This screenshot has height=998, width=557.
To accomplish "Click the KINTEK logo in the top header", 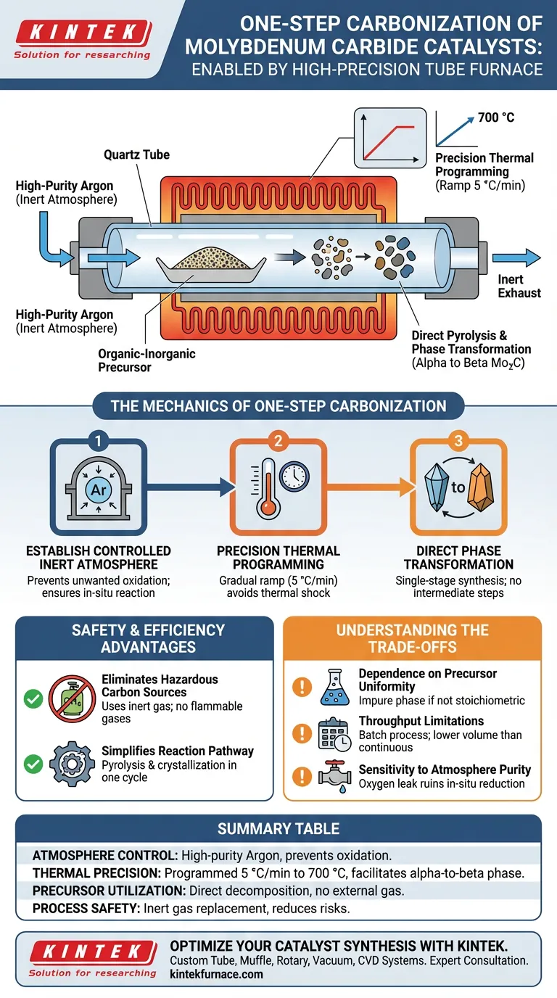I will pos(81,33).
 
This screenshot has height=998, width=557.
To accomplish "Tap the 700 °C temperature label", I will pos(496,117).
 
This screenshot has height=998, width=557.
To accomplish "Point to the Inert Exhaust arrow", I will pos(516,257).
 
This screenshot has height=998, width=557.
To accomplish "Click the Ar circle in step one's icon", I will pos(98,491).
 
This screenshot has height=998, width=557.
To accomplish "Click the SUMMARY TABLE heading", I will pos(278,828).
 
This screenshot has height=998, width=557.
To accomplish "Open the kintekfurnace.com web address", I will pos(216,974).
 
